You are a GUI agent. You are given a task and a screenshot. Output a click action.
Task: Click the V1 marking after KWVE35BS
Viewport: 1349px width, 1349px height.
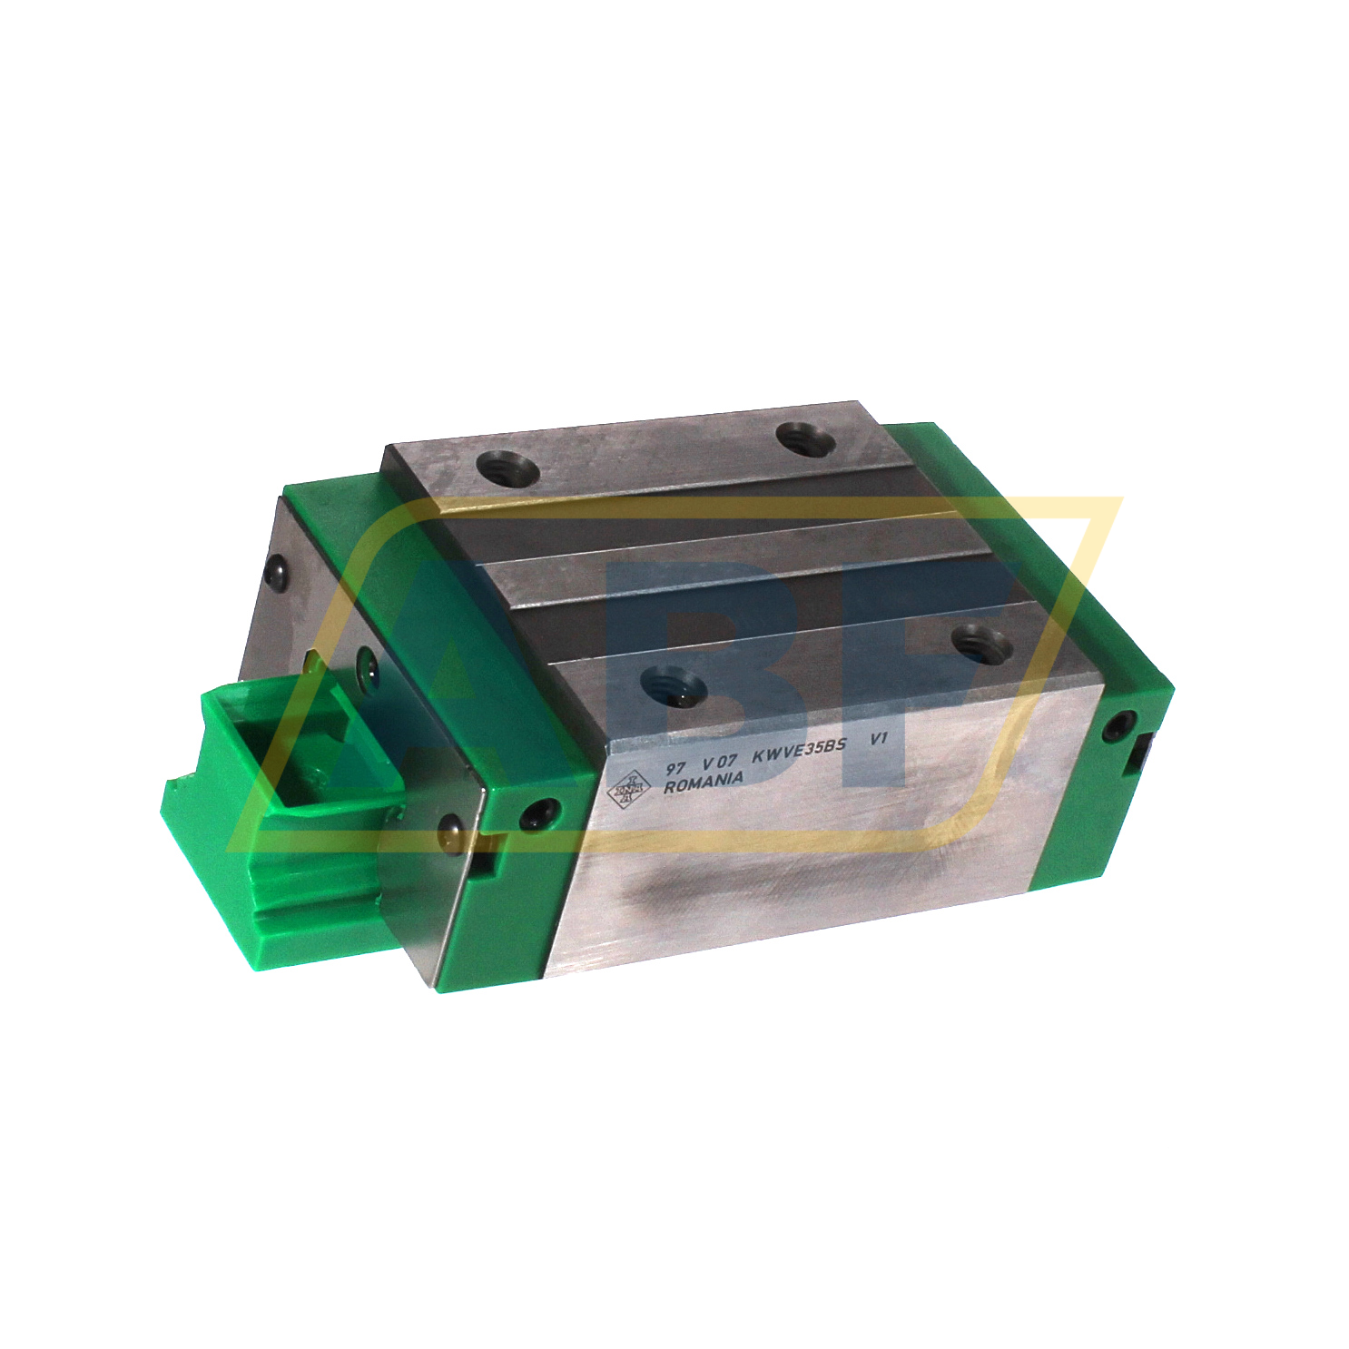(878, 739)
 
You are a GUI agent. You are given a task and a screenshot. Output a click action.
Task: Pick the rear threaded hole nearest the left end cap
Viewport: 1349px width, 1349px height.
(507, 469)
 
